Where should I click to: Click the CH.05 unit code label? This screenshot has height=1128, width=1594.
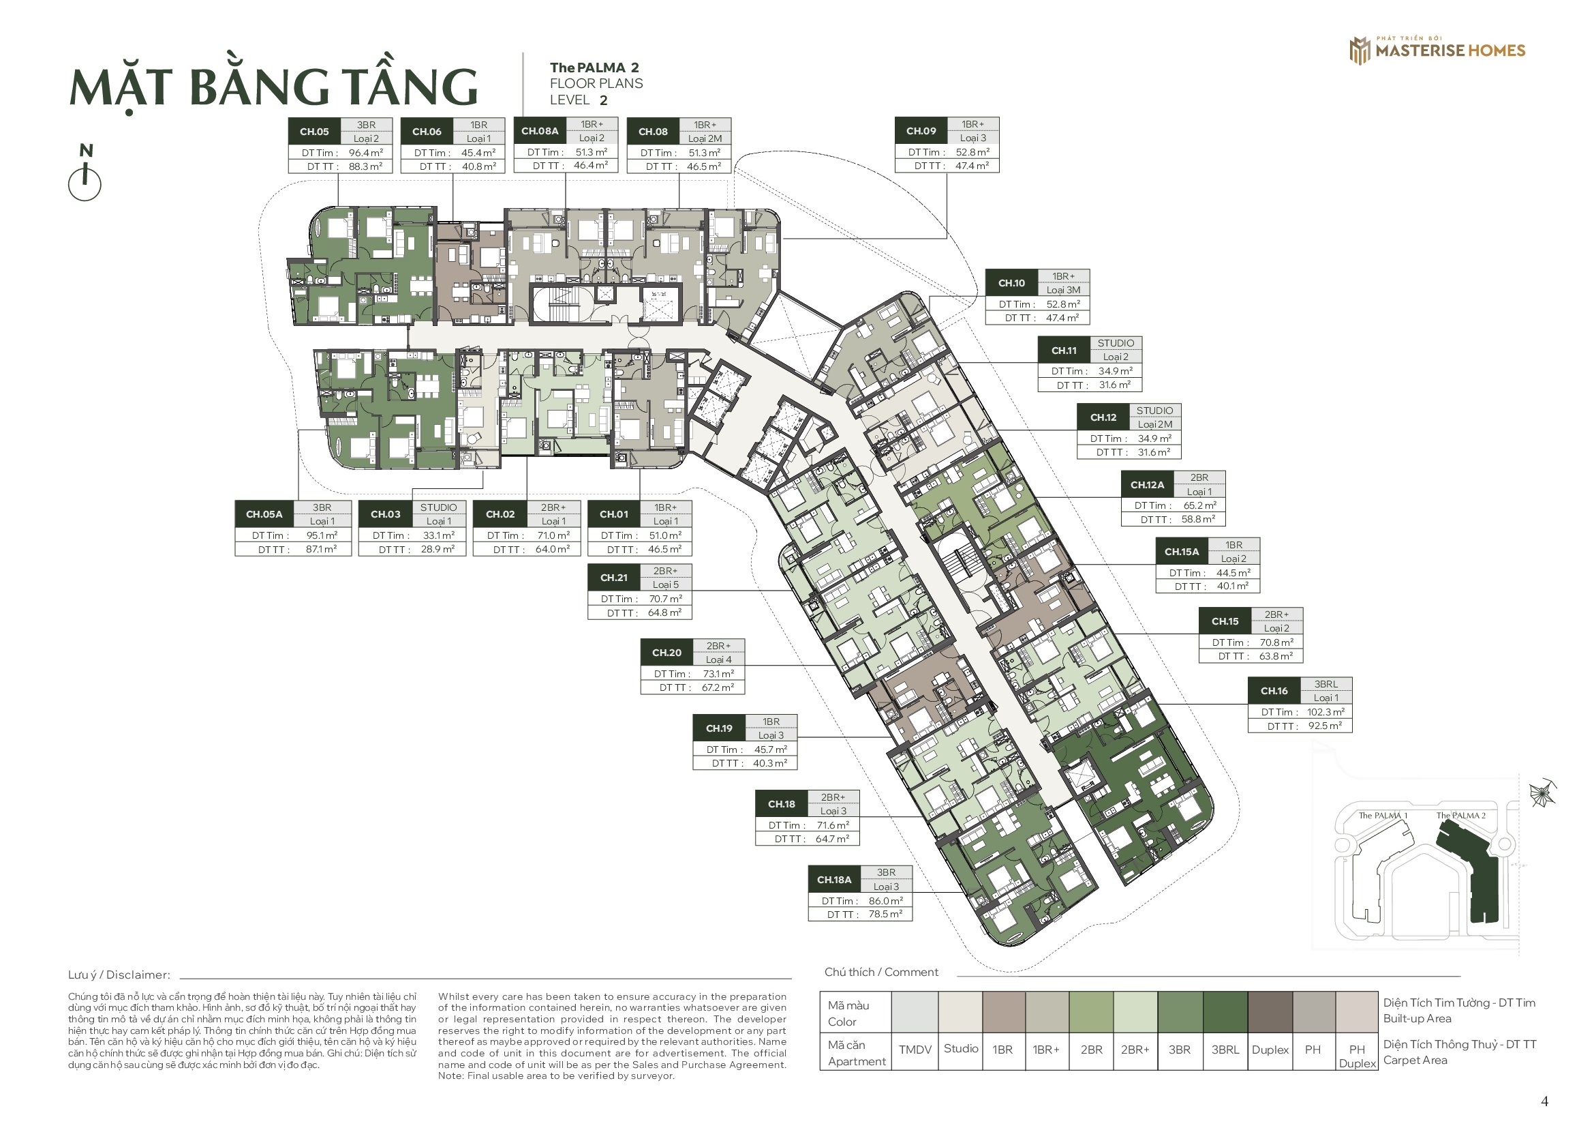click(x=313, y=131)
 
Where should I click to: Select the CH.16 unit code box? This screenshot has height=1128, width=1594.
click(x=1274, y=690)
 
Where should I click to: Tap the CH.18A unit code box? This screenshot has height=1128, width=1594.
click(x=833, y=879)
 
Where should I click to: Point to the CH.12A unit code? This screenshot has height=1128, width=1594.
click(x=1147, y=485)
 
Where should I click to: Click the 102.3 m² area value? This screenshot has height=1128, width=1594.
click(x=1325, y=712)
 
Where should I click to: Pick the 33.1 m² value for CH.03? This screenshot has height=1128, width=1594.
click(x=439, y=535)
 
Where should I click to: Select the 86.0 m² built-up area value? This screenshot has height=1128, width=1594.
click(x=886, y=901)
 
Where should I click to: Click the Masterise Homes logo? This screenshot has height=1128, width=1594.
click(x=1437, y=50)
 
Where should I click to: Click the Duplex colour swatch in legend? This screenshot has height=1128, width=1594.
click(x=1270, y=1013)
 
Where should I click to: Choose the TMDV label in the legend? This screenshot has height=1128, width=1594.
click(x=915, y=1050)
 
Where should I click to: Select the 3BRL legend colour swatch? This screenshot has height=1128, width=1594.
click(x=1225, y=1013)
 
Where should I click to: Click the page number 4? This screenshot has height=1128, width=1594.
click(x=1545, y=1101)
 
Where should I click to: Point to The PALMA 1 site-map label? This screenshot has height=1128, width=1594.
click(x=1383, y=816)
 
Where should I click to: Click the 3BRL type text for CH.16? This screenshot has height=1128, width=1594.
click(x=1326, y=684)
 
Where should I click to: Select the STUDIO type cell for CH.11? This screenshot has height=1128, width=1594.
click(x=1116, y=343)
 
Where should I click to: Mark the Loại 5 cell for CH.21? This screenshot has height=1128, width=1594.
click(x=666, y=585)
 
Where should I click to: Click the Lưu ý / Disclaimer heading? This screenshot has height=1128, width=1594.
click(x=119, y=975)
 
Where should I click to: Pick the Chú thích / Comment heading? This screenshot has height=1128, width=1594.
click(x=881, y=973)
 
